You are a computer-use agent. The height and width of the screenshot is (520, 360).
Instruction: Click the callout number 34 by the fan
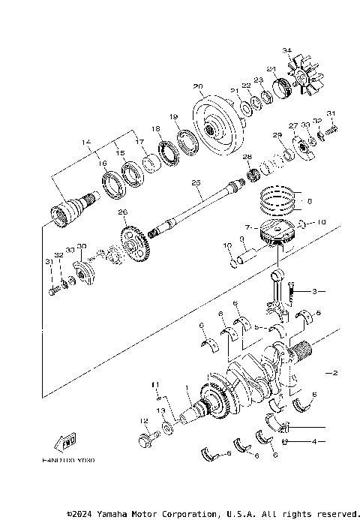pos(286,50)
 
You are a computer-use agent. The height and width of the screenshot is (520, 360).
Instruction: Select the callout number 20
pos(197,86)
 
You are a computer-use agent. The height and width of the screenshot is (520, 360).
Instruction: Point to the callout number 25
pos(196,182)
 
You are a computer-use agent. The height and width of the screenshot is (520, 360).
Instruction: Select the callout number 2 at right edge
pos(335,373)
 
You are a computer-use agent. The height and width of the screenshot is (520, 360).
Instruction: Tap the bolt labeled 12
pos(145,438)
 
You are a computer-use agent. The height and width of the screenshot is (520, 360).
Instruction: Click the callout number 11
pos(156,385)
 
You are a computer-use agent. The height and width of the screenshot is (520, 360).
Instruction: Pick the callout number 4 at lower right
pos(314,443)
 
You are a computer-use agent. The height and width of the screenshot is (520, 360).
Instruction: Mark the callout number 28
pos(246,156)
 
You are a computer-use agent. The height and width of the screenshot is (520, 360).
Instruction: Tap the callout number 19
pos(172,117)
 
